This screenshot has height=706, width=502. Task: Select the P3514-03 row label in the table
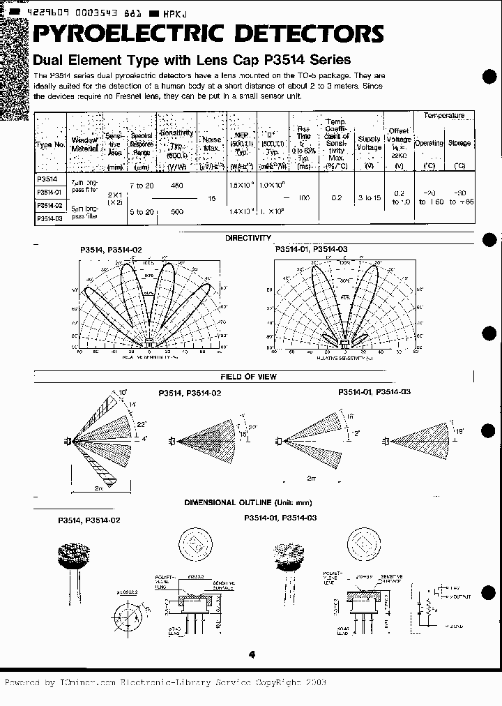(x=50, y=218)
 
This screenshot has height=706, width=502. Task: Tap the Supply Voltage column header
(x=369, y=143)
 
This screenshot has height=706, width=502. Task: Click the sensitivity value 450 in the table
(x=177, y=185)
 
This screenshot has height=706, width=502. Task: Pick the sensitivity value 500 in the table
(x=177, y=211)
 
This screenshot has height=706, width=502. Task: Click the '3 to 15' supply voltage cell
(x=369, y=198)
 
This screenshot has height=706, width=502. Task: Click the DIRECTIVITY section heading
(x=248, y=238)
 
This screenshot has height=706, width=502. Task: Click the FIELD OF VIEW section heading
(x=248, y=377)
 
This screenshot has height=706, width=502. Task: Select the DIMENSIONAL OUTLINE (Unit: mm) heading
(x=248, y=502)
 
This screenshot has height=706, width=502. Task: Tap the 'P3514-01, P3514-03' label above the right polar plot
(x=307, y=248)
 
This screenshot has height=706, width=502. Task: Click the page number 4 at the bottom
(x=251, y=654)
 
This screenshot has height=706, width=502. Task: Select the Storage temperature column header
(x=459, y=143)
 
